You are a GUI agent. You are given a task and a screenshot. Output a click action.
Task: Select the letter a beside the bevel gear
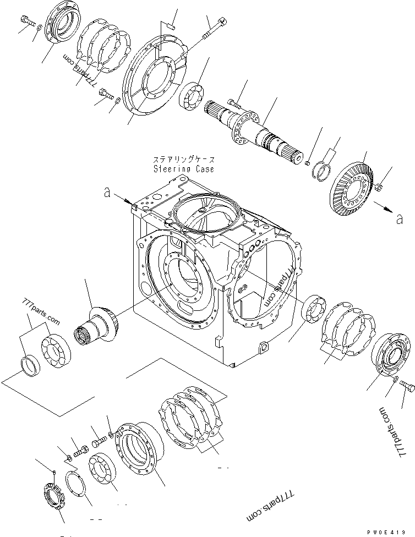tap(398, 219)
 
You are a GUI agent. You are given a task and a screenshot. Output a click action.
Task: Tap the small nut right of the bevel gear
tap(379, 189)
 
